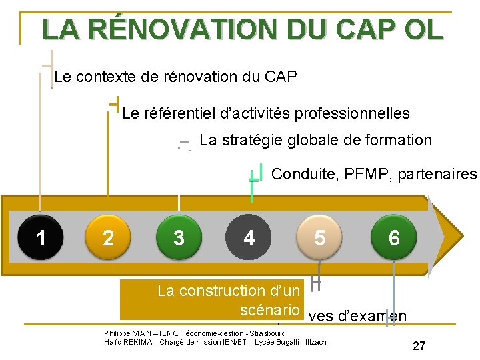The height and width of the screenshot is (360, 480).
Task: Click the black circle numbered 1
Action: [x=41, y=237]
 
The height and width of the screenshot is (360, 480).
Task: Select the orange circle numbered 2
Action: [x=109, y=237]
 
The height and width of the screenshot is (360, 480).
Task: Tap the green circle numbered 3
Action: [x=179, y=237]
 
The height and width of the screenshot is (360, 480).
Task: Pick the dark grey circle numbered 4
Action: [x=249, y=237]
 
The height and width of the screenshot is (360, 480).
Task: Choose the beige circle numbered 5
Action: [x=320, y=237]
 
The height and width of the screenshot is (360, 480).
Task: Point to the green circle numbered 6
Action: [x=394, y=237]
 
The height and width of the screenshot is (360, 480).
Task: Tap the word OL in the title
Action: [x=421, y=29]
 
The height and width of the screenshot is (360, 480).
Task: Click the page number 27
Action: [x=419, y=345]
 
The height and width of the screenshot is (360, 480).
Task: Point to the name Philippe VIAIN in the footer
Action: [x=125, y=333]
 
